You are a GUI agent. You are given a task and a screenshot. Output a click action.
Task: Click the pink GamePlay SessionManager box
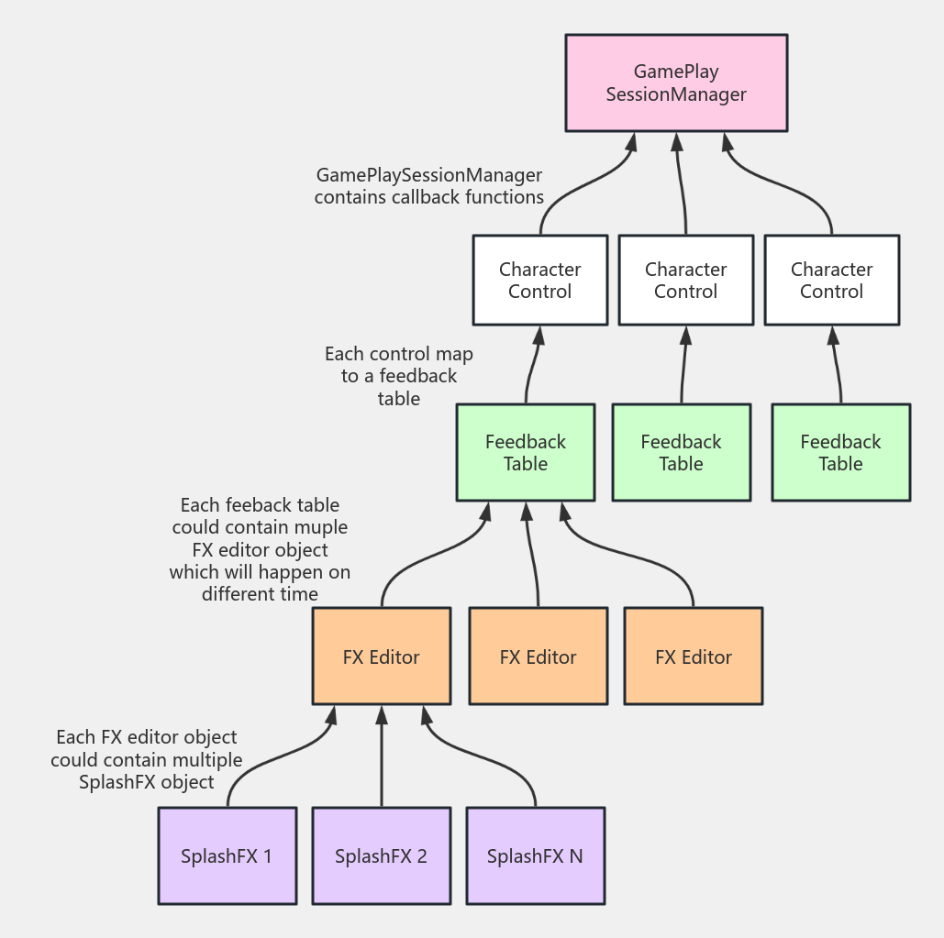pos(676,83)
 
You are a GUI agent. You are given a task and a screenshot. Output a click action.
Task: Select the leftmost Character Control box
pos(540,281)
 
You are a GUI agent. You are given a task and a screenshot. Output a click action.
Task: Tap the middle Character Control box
pos(685,281)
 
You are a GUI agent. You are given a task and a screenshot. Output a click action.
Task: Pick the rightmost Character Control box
pos(831,281)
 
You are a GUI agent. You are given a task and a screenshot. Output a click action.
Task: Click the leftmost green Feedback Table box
pos(526,453)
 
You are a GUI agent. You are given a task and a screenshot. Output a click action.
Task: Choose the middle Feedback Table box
pos(681,453)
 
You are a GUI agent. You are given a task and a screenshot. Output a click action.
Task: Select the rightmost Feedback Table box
pos(840,453)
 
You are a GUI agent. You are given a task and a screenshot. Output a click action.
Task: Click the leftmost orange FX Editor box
pos(381,657)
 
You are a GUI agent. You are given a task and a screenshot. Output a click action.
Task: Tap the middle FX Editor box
pos(538,657)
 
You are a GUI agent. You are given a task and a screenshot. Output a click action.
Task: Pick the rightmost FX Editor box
pos(694,657)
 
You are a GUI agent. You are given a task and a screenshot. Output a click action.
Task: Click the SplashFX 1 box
pos(227,856)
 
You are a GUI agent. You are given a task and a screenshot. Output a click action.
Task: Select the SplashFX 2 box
pos(381,856)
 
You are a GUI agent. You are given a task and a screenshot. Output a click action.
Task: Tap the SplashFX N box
pos(535,856)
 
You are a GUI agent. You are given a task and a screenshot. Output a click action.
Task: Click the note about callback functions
pos(429,186)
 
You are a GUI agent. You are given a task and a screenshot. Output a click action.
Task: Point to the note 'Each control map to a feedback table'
pos(399,376)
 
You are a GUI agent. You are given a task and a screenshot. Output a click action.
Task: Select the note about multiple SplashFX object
pos(147,760)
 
